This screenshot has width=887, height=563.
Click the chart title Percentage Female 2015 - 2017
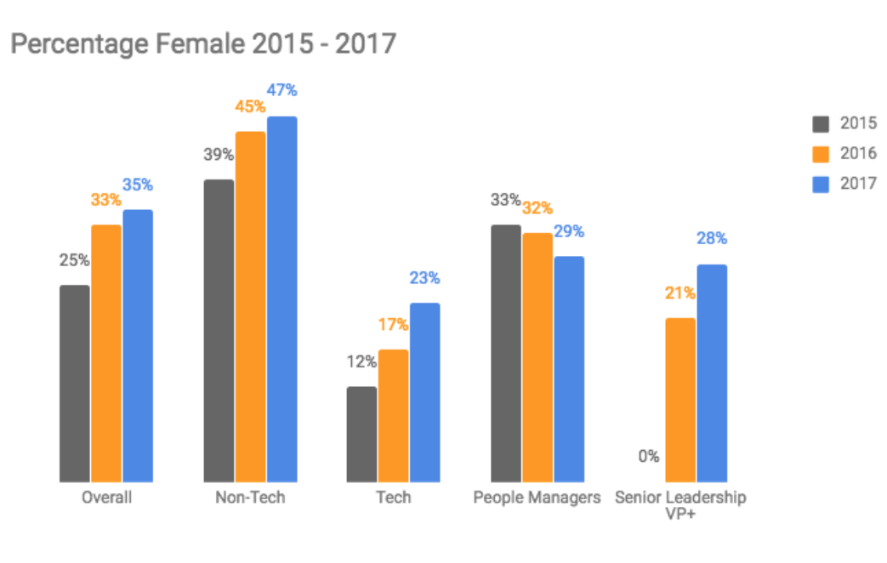pyautogui.click(x=202, y=44)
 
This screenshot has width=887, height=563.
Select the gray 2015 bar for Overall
pyautogui.click(x=75, y=384)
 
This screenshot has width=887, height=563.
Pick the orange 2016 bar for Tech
pyautogui.click(x=394, y=416)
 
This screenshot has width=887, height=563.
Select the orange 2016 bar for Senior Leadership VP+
pyautogui.click(x=680, y=400)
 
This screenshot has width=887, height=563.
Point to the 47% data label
pyautogui.click(x=282, y=90)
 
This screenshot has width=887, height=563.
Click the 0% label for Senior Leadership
pyautogui.click(x=649, y=457)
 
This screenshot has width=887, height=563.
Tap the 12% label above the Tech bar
pyautogui.click(x=361, y=361)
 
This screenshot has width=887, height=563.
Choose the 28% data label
pyautogui.click(x=713, y=239)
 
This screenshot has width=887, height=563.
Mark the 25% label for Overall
pyautogui.click(x=74, y=260)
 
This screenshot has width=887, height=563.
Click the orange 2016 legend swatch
pyautogui.click(x=821, y=154)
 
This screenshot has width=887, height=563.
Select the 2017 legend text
pyautogui.click(x=858, y=184)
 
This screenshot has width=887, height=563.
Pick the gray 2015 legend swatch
pyautogui.click(x=821, y=124)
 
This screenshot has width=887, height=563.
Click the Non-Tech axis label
pyautogui.click(x=250, y=498)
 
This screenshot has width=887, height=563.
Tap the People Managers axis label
pyautogui.click(x=537, y=498)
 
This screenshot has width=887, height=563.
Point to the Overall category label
pyautogui.click(x=106, y=498)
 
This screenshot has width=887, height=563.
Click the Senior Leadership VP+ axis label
pyautogui.click(x=680, y=505)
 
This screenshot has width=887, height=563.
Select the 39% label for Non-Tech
pyautogui.click(x=219, y=155)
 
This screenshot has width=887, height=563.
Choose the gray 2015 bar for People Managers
pyautogui.click(x=506, y=354)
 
